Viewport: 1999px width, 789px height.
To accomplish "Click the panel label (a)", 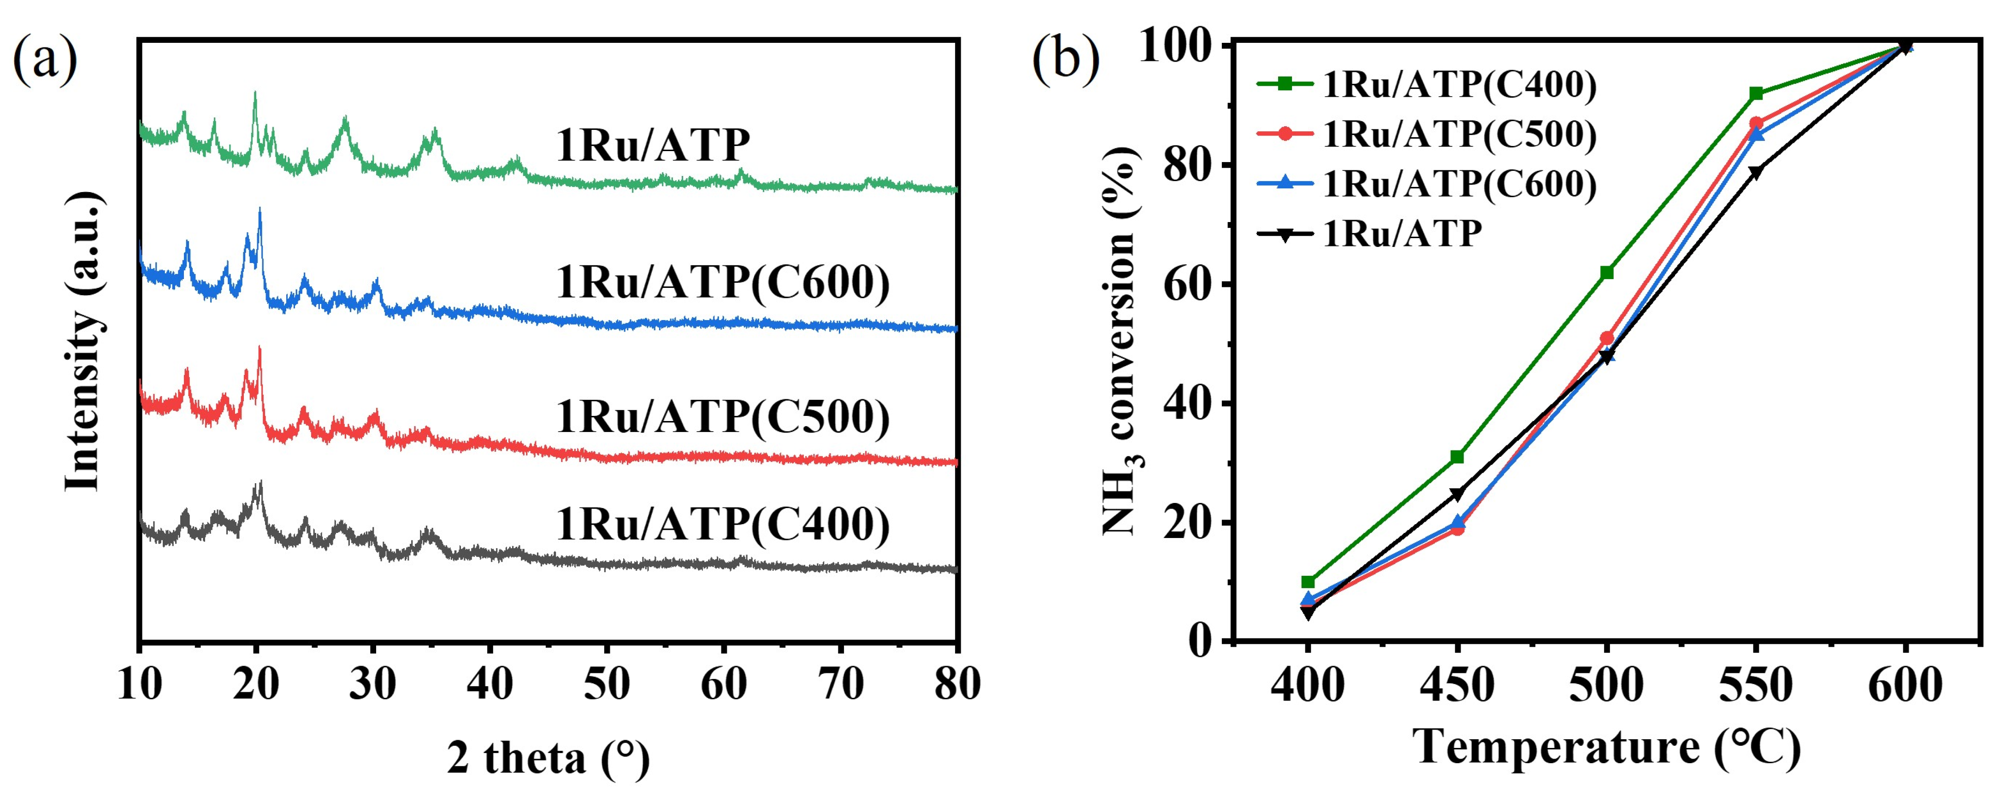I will tap(45, 58).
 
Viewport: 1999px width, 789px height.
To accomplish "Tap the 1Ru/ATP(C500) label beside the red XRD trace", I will tap(722, 417).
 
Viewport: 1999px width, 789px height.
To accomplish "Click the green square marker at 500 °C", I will tap(1606, 272).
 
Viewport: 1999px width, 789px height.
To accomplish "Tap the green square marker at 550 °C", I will tap(1756, 94).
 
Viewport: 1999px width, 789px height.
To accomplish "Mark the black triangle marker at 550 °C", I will tap(1756, 172).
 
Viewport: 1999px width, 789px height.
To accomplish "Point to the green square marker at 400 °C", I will tap(1308, 582).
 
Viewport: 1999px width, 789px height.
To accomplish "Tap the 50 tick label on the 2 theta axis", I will tap(607, 684).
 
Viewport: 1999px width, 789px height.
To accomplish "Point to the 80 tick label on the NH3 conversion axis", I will tap(1186, 165).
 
